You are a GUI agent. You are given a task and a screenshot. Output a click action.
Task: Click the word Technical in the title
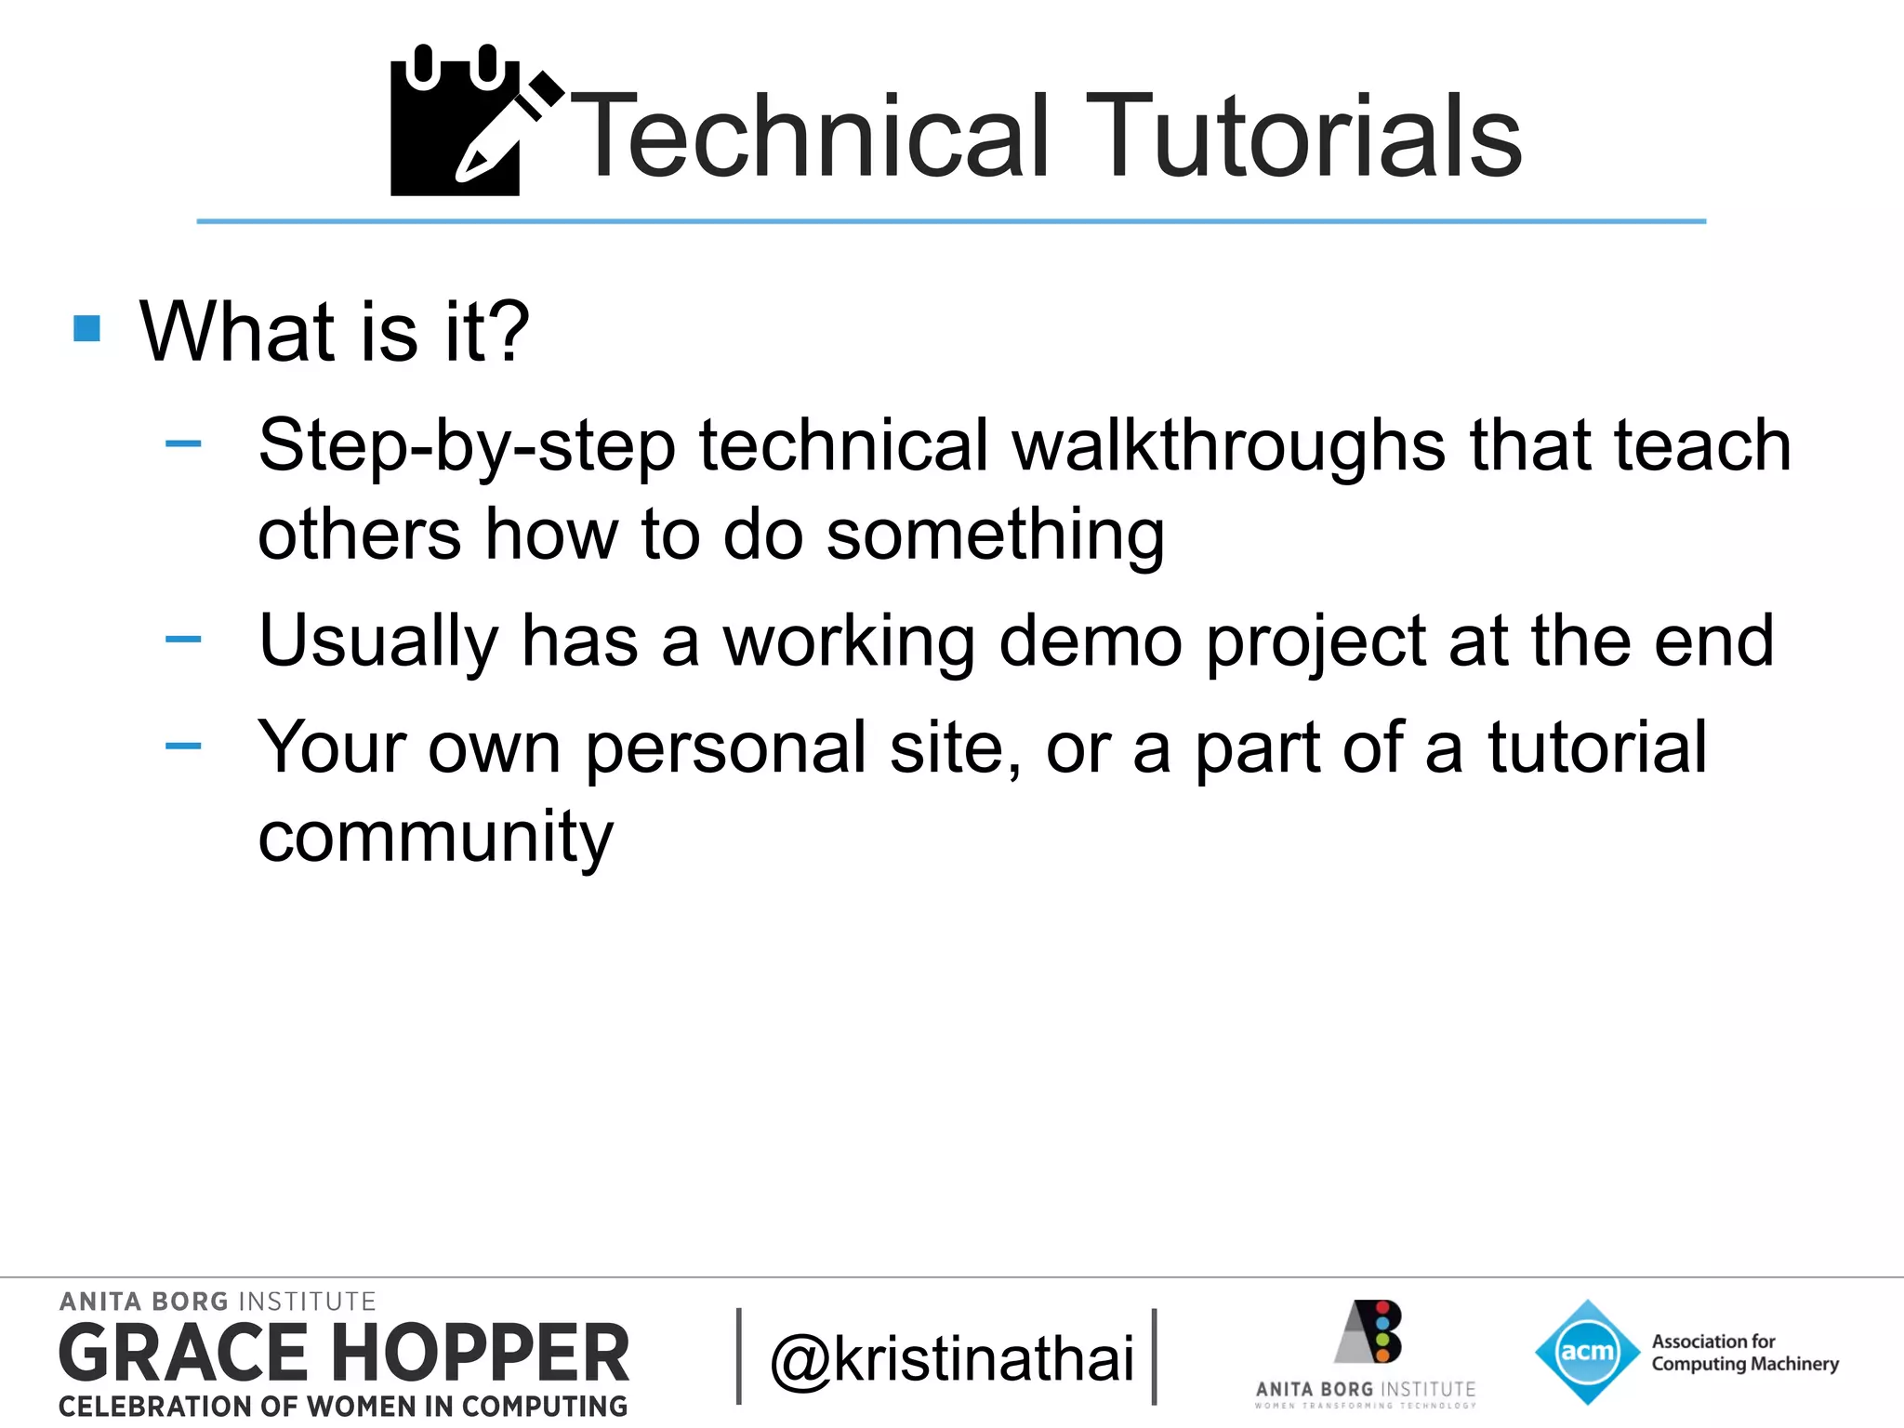[x=809, y=138]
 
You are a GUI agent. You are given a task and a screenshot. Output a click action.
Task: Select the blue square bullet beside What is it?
[x=86, y=328]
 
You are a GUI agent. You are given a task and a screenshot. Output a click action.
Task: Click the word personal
[x=725, y=747]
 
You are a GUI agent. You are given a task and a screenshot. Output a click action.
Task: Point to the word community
[x=435, y=837]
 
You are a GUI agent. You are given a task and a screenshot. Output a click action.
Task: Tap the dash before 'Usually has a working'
[x=183, y=639]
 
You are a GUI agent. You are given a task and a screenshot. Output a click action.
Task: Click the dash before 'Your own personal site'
[x=183, y=746]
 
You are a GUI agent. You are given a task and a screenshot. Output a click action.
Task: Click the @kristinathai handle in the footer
[x=952, y=1359]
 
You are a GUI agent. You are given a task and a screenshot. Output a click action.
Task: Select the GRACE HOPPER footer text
[x=344, y=1354]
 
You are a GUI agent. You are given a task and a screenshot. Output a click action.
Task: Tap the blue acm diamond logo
[x=1586, y=1352]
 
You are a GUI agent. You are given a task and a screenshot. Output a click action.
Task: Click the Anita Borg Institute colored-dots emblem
[x=1368, y=1331]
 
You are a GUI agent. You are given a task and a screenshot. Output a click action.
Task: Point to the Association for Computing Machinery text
[x=1744, y=1353]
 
